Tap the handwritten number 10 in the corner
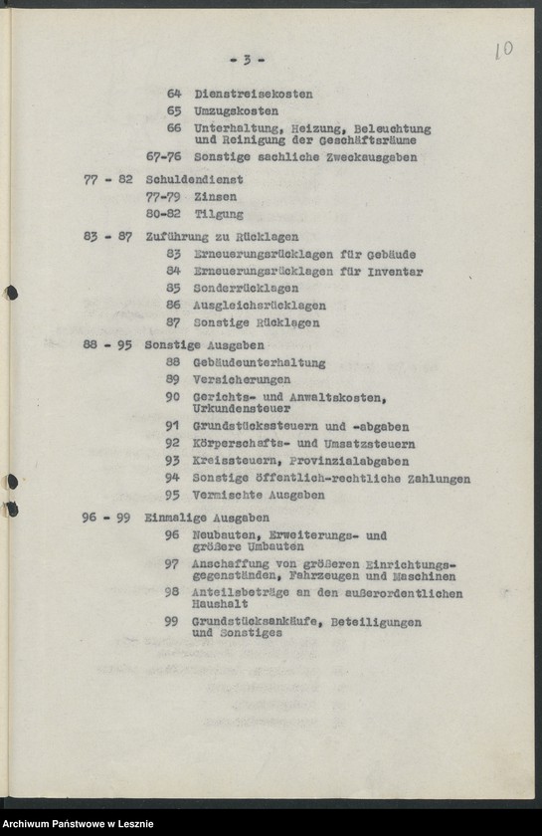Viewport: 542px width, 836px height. (503, 50)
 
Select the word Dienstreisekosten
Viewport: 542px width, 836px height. (253, 95)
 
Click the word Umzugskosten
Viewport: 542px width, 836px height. (236, 111)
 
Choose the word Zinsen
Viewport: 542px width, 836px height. (215, 197)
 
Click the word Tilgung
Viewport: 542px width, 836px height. (218, 214)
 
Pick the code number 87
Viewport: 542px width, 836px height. (173, 322)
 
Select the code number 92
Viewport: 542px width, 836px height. (172, 443)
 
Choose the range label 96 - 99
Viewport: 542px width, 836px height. (107, 519)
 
